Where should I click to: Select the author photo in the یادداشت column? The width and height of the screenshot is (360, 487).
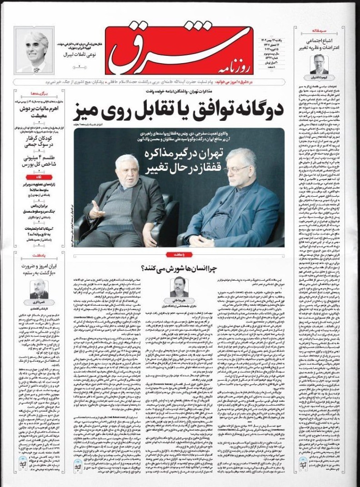click(x=39, y=289)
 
